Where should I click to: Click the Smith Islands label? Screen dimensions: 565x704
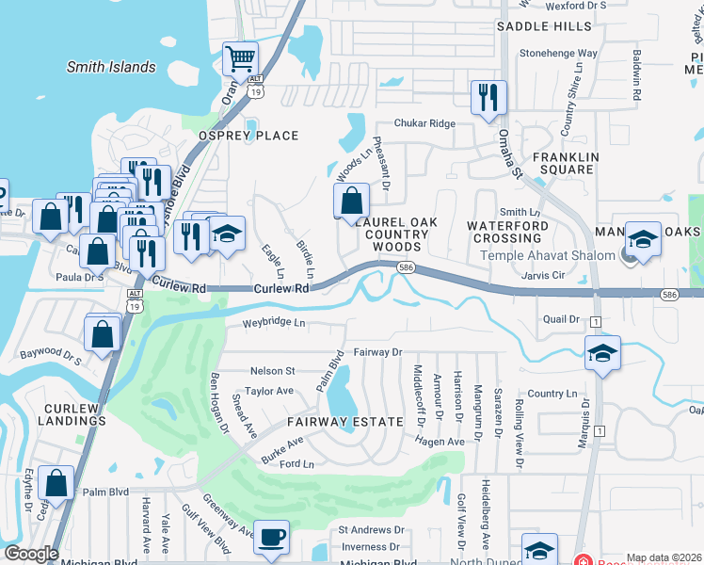tap(111, 67)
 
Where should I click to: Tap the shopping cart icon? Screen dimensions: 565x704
tap(240, 59)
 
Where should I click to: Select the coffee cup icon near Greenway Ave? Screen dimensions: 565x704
tap(272, 537)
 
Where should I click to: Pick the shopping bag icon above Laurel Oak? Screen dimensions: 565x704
tap(351, 201)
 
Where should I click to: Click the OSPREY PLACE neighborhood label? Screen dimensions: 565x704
tap(248, 136)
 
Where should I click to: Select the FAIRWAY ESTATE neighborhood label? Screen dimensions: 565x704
tap(345, 422)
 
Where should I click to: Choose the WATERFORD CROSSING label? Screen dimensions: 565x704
tap(507, 233)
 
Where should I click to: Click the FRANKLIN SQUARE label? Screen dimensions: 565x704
tap(564, 163)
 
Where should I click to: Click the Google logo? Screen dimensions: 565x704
tap(31, 553)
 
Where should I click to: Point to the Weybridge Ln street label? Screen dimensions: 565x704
tap(275, 323)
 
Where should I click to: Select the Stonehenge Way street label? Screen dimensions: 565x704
tap(558, 54)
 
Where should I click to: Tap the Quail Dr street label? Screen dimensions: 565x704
tap(561, 318)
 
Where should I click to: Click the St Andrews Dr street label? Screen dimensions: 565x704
tap(371, 530)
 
